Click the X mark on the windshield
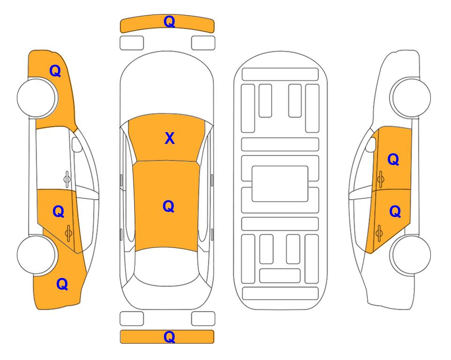170,138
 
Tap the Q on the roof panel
169,207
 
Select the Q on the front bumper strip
170,22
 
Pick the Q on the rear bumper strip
170,337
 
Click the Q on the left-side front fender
55,71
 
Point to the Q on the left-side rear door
59,212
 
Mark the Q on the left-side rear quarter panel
62,284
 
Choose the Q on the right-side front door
393,159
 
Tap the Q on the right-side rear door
395,212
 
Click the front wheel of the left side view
37,97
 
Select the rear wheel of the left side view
37,255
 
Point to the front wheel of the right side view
411,97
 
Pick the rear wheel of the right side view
411,255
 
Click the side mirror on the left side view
76,144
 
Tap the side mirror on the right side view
371,144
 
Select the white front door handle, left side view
67,179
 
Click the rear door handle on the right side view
379,233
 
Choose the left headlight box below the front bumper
132,43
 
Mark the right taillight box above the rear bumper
203,319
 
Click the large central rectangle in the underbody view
280,184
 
